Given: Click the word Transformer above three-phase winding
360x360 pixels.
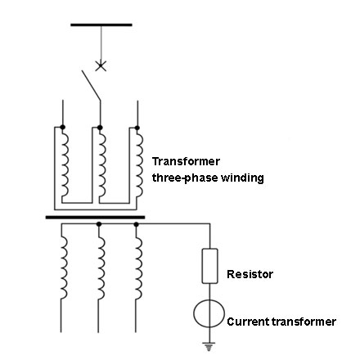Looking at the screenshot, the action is coord(186,161).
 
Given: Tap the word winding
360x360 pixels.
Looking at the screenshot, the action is coord(242,178).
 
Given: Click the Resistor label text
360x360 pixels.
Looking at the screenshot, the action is coord(250,274).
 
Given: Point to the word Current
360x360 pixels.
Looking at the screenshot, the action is coord(248,322).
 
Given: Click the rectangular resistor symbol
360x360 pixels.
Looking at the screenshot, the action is coord(209,266).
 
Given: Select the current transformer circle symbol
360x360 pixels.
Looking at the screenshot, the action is coord(209,313).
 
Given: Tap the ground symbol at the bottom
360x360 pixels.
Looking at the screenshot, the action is coord(209,346).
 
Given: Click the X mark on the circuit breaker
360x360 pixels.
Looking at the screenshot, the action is coord(101,66).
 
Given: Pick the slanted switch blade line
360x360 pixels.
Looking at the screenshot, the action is coord(91,86).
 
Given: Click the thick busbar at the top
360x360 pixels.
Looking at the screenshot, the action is coord(101,25).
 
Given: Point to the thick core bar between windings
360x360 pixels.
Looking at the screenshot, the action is coord(95,218).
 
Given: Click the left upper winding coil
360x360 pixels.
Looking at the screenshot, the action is coord(65,163).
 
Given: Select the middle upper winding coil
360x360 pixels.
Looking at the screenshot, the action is coord(102,163).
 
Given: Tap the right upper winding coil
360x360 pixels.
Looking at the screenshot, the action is coord(139,163).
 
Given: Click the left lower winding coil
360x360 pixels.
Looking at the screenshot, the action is coord(64,268).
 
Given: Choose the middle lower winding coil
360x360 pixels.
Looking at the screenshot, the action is coord(101,268).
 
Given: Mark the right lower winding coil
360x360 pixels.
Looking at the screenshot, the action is coord(138,268).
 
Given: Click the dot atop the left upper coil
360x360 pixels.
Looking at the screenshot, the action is coord(62,127).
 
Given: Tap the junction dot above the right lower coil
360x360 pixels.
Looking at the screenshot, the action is coord(137,224).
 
